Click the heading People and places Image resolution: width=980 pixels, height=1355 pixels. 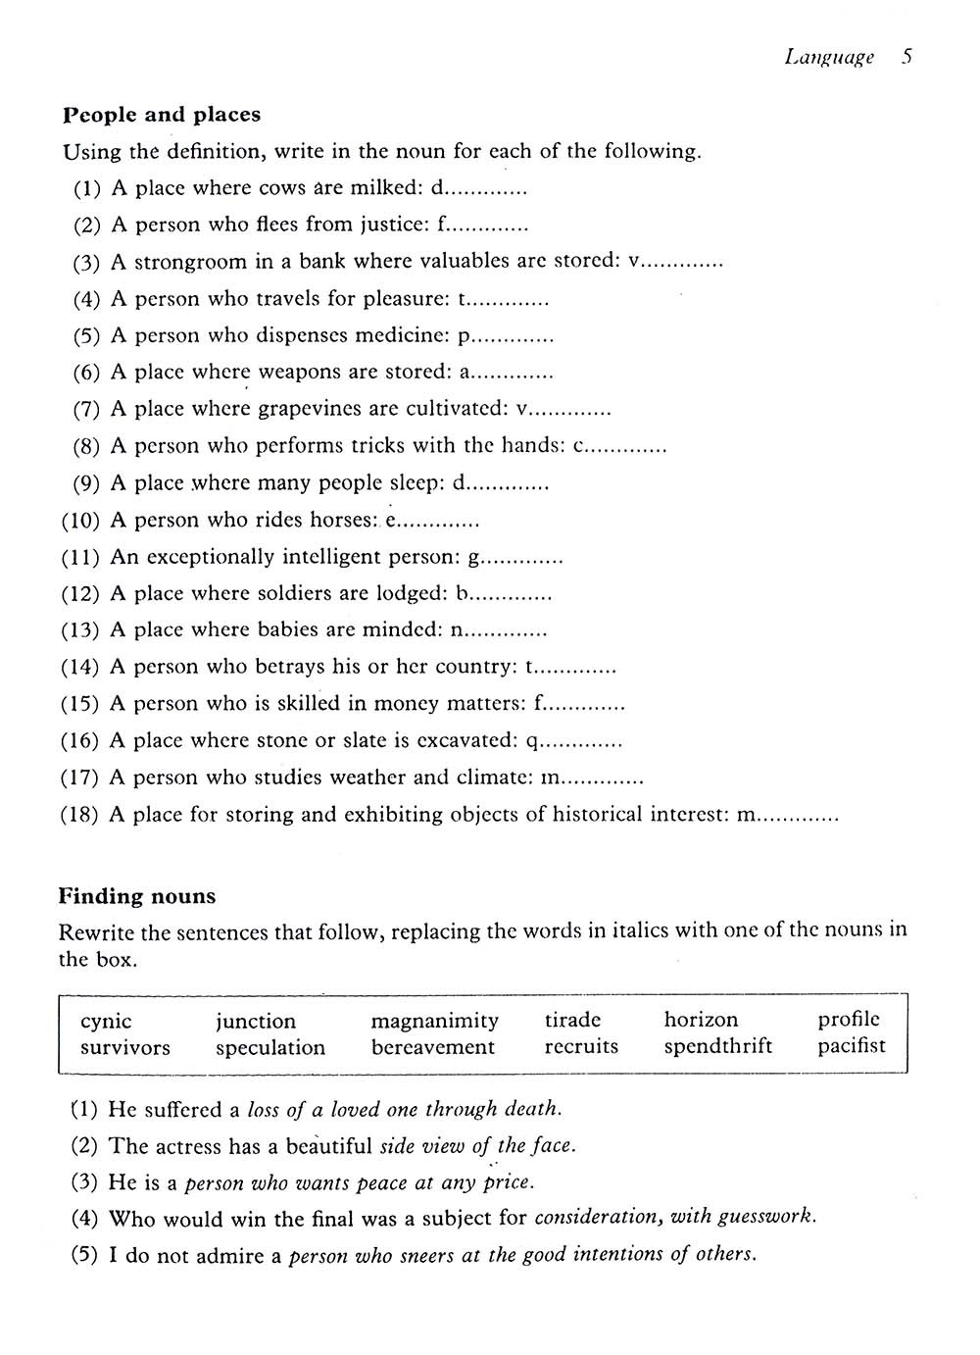click(162, 115)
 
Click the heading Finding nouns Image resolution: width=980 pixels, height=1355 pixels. click(137, 896)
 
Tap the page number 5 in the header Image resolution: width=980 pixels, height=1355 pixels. click(907, 56)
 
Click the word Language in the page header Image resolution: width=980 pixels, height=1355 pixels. click(829, 57)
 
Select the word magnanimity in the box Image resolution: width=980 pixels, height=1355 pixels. click(434, 1021)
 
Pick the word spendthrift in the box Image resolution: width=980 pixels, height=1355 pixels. click(717, 1046)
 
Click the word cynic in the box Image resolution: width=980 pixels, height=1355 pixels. click(106, 1022)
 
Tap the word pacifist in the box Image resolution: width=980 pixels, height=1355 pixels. click(851, 1046)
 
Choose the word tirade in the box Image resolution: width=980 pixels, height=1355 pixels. click(572, 1020)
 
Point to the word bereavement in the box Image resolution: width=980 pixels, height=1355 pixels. click(433, 1046)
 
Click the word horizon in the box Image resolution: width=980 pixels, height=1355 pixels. click(701, 1020)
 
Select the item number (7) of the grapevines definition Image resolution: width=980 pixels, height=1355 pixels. click(86, 409)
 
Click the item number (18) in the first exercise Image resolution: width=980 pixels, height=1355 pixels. click(79, 815)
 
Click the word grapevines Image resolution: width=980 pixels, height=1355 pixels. click(313, 409)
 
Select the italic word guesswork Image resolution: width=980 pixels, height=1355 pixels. click(766, 1218)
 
